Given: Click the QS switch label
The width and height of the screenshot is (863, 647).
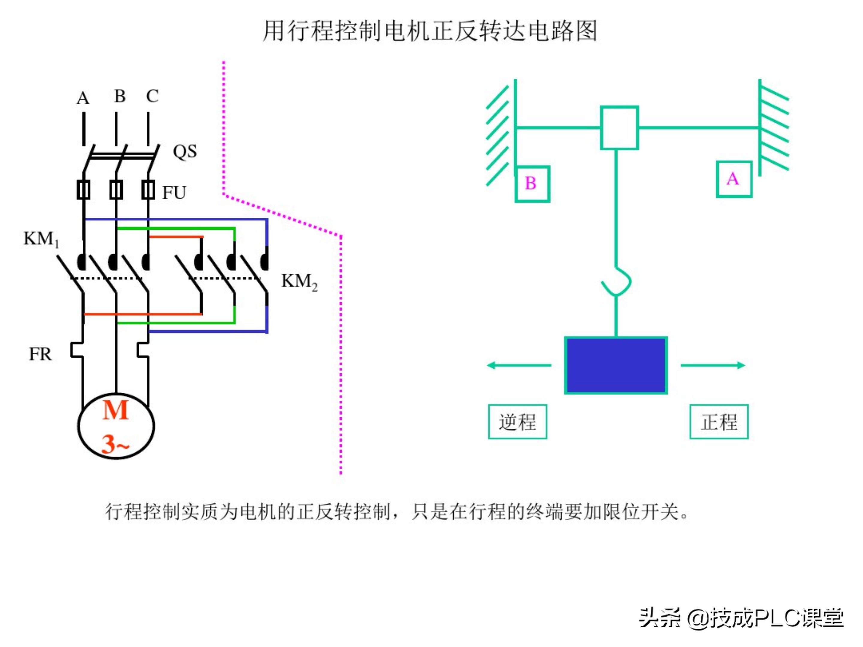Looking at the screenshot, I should [x=185, y=151].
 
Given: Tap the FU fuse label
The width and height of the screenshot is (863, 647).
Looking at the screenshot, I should [x=174, y=193].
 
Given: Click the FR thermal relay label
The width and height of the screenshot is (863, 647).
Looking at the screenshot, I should [x=40, y=354].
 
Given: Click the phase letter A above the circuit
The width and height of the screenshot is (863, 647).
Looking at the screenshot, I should [x=83, y=98].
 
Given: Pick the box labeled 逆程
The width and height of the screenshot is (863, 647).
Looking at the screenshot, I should [x=517, y=422].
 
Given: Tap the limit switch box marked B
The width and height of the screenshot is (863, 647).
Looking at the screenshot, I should [x=532, y=184].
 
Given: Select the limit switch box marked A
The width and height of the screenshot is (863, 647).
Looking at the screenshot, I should [x=734, y=179].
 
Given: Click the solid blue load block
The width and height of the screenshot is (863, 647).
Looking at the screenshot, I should [x=616, y=365].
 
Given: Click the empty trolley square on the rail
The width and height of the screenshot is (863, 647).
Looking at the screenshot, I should [x=619, y=128].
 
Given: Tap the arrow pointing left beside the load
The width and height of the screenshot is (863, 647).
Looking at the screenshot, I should [x=519, y=365].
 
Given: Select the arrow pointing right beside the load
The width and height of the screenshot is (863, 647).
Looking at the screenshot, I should [x=713, y=365].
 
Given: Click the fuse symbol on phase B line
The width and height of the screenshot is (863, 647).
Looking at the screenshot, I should [x=116, y=190].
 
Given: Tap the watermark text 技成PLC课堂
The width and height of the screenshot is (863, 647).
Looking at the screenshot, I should [x=776, y=618].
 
